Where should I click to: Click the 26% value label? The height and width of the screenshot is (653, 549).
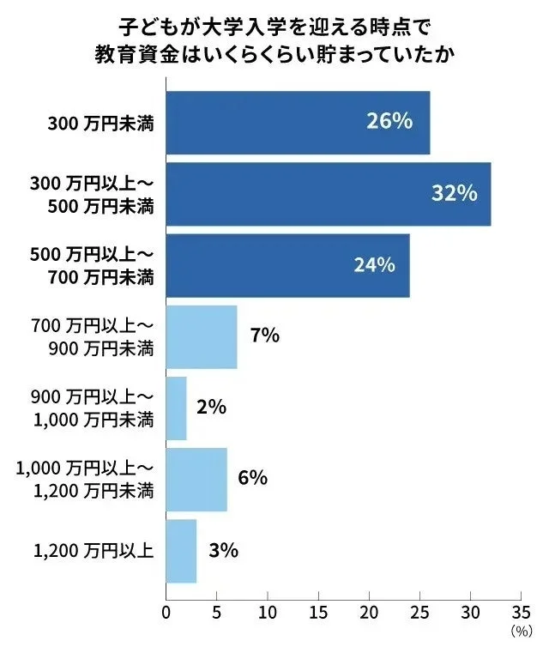click(x=389, y=122)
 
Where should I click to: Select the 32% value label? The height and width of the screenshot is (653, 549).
click(x=454, y=193)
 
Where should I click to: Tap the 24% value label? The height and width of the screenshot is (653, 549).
click(x=374, y=265)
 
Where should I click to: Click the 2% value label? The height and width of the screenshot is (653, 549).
click(x=211, y=408)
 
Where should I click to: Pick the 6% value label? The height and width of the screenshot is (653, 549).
click(x=253, y=478)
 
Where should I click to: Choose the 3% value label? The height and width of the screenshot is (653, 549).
click(x=223, y=550)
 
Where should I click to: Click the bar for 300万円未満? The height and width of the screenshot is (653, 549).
click(x=297, y=123)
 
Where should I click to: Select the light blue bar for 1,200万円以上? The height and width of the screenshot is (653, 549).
click(x=181, y=551)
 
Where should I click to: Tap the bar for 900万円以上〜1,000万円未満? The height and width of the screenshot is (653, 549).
click(x=176, y=408)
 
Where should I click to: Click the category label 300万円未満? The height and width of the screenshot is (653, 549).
click(x=100, y=123)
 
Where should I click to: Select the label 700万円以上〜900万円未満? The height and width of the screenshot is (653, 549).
click(x=92, y=336)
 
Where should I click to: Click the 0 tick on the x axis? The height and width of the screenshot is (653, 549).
click(x=166, y=614)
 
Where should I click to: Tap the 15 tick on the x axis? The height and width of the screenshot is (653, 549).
click(x=318, y=614)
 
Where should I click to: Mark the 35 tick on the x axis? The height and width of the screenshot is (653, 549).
click(x=522, y=614)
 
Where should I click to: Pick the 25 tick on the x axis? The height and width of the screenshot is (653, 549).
click(x=419, y=614)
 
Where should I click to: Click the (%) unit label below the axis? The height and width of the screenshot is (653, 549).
click(x=522, y=632)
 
